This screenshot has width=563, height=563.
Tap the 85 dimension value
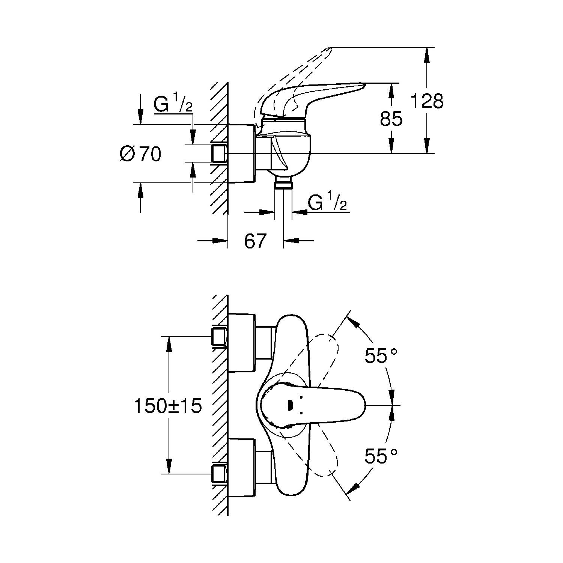point(391,119)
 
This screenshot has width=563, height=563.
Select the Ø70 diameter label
point(140,154)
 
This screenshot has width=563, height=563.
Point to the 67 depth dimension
point(255,241)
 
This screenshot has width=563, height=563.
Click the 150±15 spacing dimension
point(168,406)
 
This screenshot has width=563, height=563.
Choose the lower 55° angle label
point(381,456)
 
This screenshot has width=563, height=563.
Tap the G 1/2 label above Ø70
point(173,104)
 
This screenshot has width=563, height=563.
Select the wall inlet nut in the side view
point(219,154)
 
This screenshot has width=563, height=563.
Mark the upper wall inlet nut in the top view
point(219,337)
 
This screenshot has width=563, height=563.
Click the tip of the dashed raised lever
point(330,48)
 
